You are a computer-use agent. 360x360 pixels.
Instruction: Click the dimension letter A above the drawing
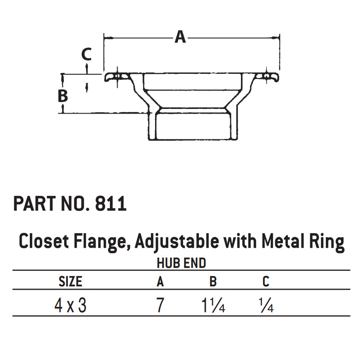(x=180, y=36)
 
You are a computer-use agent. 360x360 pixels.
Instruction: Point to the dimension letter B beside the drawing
(x=63, y=96)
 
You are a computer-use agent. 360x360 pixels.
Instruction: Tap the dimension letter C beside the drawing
(x=86, y=54)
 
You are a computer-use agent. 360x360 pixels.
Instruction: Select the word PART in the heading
(x=33, y=204)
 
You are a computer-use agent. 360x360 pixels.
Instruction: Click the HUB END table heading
(x=181, y=263)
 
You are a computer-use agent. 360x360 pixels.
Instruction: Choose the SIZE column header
(x=71, y=281)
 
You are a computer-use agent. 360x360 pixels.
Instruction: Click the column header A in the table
(x=160, y=281)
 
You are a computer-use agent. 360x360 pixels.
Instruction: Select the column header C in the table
(x=265, y=281)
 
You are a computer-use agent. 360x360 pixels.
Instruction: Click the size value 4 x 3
(x=70, y=306)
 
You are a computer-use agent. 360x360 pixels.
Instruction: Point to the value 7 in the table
(x=160, y=306)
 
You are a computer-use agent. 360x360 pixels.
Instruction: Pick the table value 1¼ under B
(x=214, y=306)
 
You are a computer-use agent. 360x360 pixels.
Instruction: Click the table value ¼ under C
(x=267, y=306)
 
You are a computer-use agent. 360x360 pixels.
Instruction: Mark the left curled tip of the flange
(x=108, y=78)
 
